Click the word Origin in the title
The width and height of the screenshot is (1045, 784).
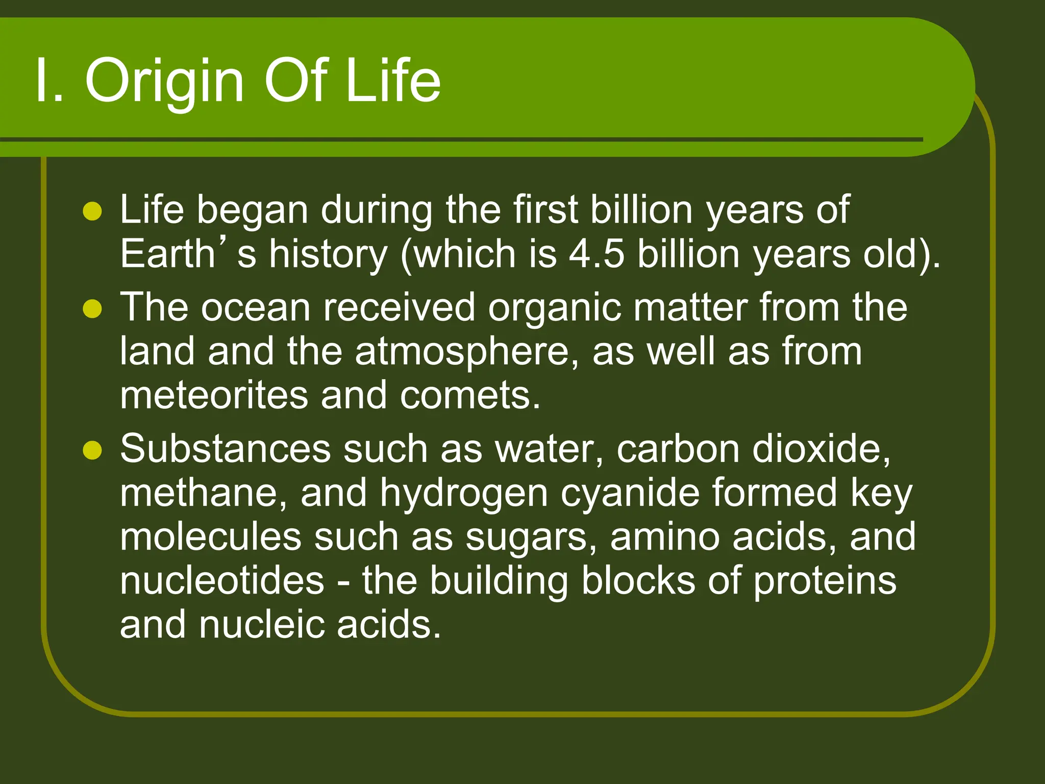[164, 82]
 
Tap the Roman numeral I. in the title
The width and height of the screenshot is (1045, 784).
[49, 82]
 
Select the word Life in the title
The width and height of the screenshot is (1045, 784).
[393, 82]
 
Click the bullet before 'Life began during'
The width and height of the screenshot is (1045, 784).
[92, 211]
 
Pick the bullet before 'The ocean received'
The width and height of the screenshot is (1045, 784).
[92, 309]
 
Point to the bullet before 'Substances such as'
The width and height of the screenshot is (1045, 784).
[92, 450]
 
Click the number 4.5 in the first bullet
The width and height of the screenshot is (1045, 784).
[596, 254]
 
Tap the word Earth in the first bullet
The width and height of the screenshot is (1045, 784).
[167, 254]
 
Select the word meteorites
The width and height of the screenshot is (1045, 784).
[214, 396]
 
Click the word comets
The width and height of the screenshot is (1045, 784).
[469, 396]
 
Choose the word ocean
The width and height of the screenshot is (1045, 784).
[256, 308]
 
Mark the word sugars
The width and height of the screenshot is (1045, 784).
[530, 537]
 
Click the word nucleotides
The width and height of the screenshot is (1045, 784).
[222, 581]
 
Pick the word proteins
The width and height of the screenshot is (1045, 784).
[825, 581]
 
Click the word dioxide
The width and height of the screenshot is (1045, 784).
[821, 449]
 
